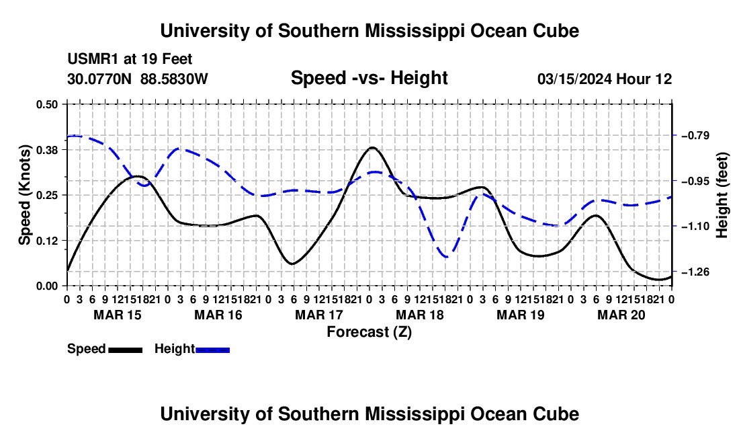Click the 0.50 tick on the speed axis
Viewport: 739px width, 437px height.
(x=46, y=104)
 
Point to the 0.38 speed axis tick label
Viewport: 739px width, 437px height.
(x=46, y=150)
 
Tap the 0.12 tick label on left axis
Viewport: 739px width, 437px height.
(x=46, y=241)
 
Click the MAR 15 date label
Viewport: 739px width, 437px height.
(x=118, y=315)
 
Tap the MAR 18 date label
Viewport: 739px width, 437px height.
(x=419, y=315)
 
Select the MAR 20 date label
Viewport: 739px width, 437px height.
(x=621, y=315)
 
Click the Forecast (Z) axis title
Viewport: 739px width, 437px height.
(x=369, y=332)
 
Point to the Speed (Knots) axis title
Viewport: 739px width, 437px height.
(x=24, y=195)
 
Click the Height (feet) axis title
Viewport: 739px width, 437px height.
(x=722, y=195)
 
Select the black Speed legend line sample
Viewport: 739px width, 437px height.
(x=126, y=350)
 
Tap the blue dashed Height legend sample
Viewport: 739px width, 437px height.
(x=212, y=350)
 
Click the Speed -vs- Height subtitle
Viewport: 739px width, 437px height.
(x=369, y=78)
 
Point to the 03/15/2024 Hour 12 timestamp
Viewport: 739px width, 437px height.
(x=605, y=79)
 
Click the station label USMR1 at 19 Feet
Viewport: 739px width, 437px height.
(x=130, y=59)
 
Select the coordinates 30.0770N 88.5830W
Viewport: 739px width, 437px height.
(x=138, y=79)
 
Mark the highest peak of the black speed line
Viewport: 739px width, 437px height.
(x=372, y=147)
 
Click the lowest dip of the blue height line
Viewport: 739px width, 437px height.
(x=446, y=257)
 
